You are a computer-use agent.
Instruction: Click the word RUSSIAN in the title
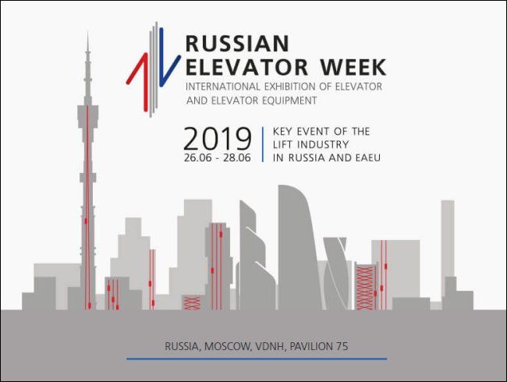click(237, 44)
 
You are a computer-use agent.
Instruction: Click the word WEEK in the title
click(353, 67)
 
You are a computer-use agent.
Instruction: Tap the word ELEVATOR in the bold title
click(246, 67)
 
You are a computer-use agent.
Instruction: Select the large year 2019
click(218, 139)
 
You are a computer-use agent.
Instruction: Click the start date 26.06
click(198, 157)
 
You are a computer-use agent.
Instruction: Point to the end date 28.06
click(237, 157)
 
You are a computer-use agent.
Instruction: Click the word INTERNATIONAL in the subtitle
click(223, 87)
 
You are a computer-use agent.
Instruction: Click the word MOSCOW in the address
click(228, 346)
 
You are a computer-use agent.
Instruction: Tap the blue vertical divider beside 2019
click(263, 144)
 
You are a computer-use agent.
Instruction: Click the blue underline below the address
click(257, 359)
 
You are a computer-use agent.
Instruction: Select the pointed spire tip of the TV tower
click(87, 31)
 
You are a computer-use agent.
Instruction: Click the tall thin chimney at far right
click(448, 239)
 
